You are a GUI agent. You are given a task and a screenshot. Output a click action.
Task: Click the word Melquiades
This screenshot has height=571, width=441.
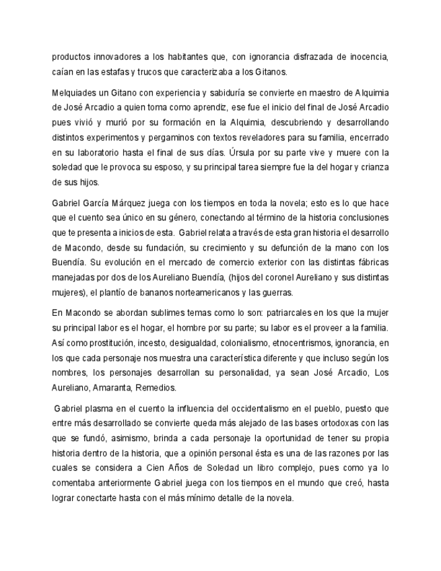74,92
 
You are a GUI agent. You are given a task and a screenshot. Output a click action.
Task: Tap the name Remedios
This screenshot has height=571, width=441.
158,387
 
